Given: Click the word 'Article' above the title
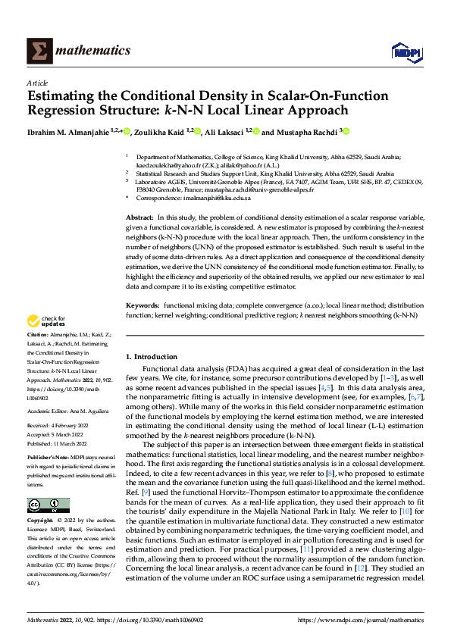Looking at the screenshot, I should [37, 83].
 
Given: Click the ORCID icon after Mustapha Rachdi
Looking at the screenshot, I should [346, 131].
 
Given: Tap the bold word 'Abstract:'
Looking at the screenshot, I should [140, 217].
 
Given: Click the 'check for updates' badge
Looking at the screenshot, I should [46, 321].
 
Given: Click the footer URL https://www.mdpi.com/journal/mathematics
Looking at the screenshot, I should [360, 621].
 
